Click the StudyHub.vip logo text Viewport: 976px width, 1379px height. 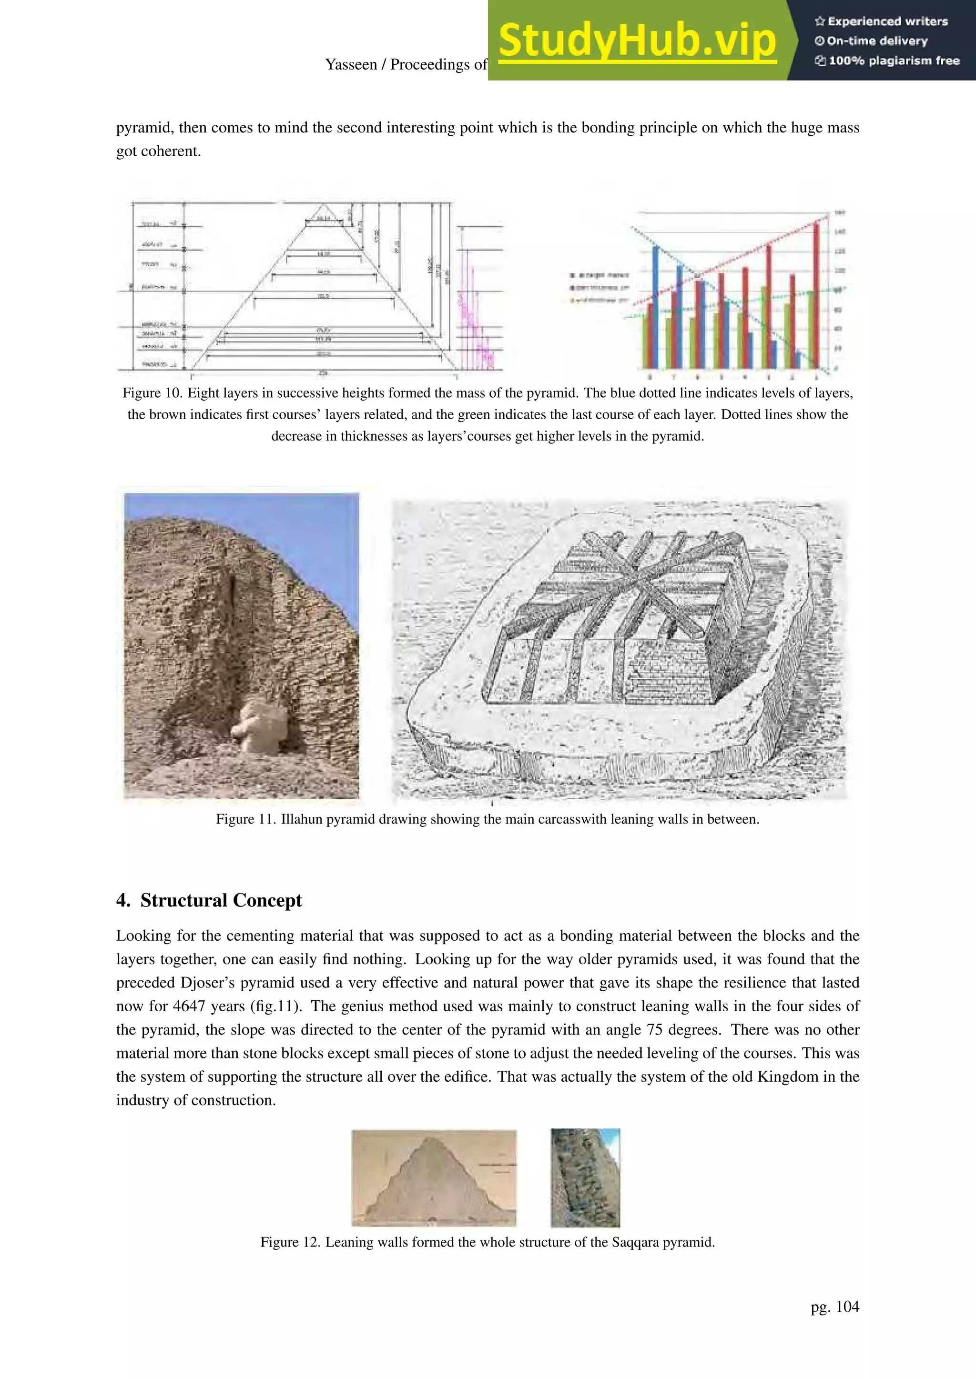(637, 41)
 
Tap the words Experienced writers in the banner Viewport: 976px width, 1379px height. (887, 21)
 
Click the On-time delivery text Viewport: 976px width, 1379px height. (876, 41)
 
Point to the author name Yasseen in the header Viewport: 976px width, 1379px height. (351, 65)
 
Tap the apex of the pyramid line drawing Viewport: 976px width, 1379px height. (323, 204)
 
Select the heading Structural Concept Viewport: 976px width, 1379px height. (221, 901)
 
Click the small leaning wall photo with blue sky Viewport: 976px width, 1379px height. (585, 1178)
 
